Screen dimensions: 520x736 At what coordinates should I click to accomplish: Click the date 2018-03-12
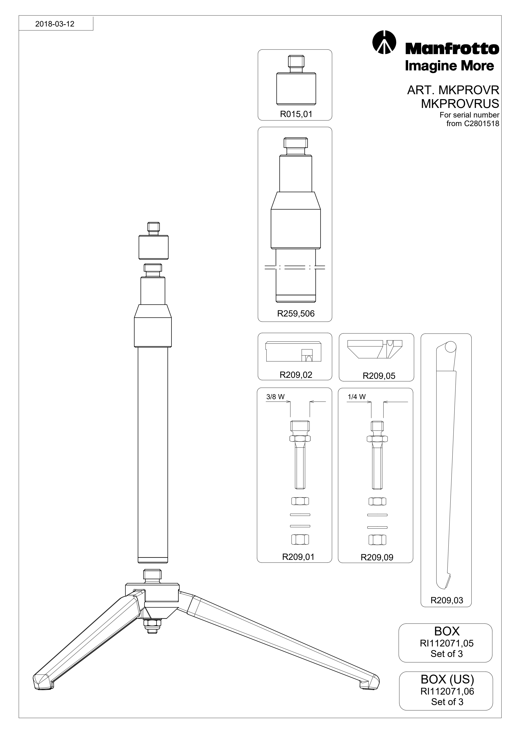(x=55, y=24)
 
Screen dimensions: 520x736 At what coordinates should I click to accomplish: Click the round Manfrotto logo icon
(x=384, y=42)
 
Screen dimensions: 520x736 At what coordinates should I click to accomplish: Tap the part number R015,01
(x=296, y=114)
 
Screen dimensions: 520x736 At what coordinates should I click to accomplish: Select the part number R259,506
(x=296, y=314)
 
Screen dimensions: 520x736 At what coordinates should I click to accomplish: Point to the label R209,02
(x=296, y=375)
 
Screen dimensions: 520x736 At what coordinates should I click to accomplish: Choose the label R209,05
(x=379, y=376)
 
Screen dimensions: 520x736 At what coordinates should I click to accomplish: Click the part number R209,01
(x=298, y=557)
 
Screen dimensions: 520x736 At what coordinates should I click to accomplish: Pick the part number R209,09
(x=377, y=557)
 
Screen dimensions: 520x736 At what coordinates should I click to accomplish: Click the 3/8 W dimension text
(x=275, y=396)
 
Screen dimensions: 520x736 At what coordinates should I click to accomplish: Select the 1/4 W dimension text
(x=357, y=396)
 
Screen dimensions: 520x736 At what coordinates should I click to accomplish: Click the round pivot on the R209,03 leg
(x=451, y=347)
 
